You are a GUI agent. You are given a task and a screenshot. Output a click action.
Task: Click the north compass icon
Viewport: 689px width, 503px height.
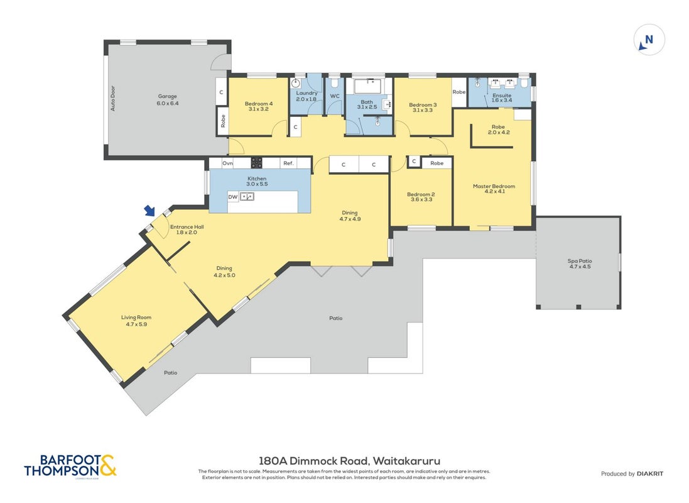pyautogui.click(x=649, y=40)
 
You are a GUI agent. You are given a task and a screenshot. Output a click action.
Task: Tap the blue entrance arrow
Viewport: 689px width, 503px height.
pyautogui.click(x=150, y=211)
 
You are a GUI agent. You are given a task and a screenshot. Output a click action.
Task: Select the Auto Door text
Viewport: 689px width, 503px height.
pyautogui.click(x=113, y=98)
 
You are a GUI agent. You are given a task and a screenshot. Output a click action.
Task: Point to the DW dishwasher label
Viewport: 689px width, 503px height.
pyautogui.click(x=233, y=197)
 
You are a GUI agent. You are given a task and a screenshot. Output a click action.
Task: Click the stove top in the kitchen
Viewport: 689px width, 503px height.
pyautogui.click(x=257, y=163)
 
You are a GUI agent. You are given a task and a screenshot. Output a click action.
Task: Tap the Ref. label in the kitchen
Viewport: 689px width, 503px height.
pyautogui.click(x=288, y=163)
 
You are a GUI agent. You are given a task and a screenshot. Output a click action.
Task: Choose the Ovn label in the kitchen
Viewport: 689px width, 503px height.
pyautogui.click(x=227, y=163)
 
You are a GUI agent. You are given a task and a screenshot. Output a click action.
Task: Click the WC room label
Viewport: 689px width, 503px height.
pyautogui.click(x=335, y=96)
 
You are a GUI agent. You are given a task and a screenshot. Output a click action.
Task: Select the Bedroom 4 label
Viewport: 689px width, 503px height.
pyautogui.click(x=259, y=104)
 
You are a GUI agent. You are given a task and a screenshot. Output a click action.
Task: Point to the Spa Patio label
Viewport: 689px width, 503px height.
pyautogui.click(x=580, y=261)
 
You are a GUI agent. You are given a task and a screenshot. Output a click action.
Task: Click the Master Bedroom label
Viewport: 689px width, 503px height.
pyautogui.click(x=494, y=186)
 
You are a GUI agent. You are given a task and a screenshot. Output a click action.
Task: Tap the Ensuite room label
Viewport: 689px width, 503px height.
pyautogui.click(x=502, y=95)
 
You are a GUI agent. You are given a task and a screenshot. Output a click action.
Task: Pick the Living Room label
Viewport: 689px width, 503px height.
pyautogui.click(x=136, y=318)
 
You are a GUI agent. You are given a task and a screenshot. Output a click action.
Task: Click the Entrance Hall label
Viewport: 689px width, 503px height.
pyautogui.click(x=187, y=227)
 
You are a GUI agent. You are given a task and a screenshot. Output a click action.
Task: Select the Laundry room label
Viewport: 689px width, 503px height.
pyautogui.click(x=307, y=93)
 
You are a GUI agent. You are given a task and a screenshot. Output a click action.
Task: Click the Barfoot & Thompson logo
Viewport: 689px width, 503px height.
pyautogui.click(x=70, y=466)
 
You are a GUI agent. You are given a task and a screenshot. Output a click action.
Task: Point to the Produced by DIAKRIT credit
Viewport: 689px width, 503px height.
pyautogui.click(x=632, y=473)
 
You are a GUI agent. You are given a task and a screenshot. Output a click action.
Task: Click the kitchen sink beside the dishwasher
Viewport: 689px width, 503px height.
pyautogui.click(x=247, y=197)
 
